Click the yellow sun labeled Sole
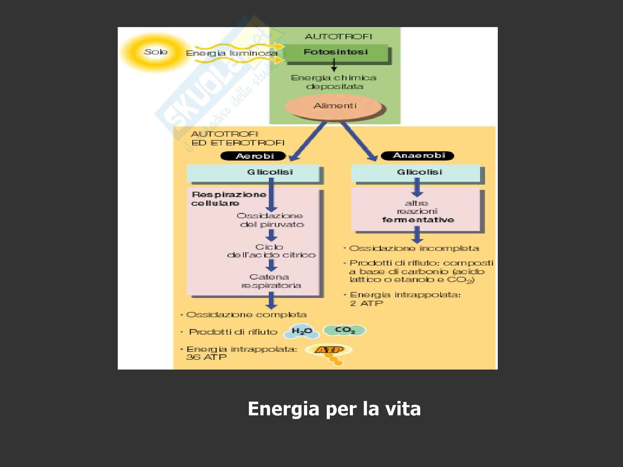(155, 52)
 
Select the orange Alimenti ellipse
(334, 106)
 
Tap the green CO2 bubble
(345, 330)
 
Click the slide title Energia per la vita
(334, 409)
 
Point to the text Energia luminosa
(231, 54)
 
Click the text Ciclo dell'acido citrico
(271, 251)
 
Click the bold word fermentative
(418, 220)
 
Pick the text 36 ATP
(206, 357)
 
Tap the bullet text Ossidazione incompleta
(414, 248)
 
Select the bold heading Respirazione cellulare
(229, 199)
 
